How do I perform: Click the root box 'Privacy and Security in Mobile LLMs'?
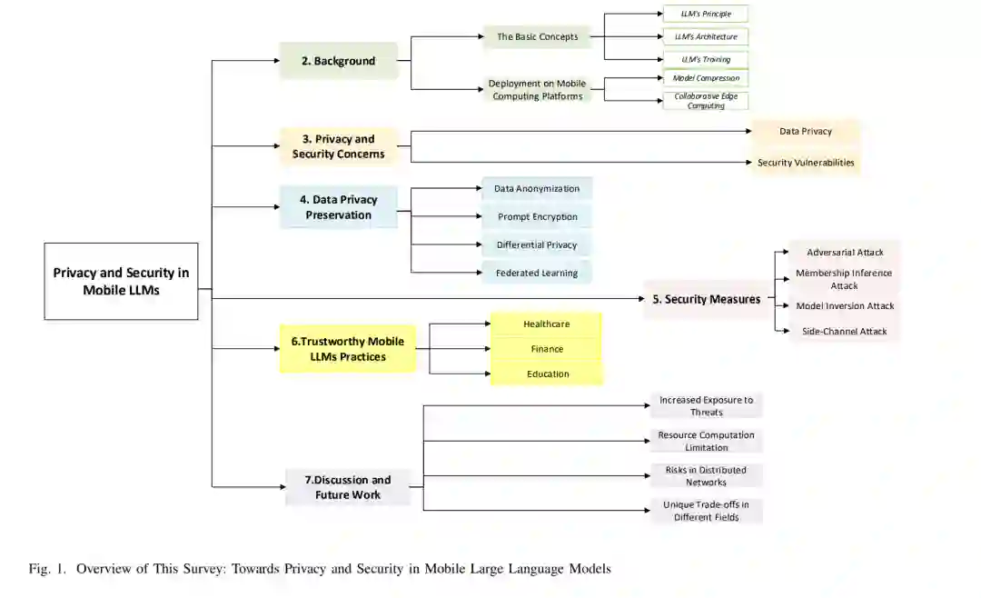tap(121, 281)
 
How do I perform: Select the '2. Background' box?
tap(338, 61)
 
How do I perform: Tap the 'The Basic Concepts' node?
tap(537, 37)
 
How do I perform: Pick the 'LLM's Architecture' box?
tap(705, 37)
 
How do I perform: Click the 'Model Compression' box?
tap(705, 78)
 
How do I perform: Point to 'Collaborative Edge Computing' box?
tap(705, 100)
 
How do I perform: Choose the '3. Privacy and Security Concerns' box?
tap(338, 146)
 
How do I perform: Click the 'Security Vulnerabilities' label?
tap(806, 163)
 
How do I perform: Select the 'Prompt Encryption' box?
tap(537, 217)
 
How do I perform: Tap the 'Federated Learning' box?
tap(537, 273)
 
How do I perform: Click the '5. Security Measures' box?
tap(706, 299)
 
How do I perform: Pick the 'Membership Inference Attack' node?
tap(844, 279)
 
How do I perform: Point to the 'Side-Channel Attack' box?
tap(844, 332)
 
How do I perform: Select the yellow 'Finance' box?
tap(546, 349)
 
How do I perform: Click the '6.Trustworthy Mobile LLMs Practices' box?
tap(347, 349)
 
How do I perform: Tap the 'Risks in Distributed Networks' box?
tap(706, 476)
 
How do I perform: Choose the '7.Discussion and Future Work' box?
tap(347, 487)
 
